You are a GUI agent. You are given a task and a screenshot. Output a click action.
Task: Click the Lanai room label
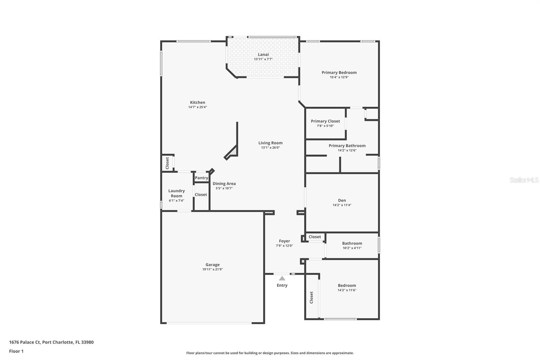[263, 54]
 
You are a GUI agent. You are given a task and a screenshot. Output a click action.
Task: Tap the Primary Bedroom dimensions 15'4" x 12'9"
[339, 77]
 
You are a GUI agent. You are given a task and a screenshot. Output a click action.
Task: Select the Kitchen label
[197, 102]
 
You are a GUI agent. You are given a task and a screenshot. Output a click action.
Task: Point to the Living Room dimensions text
[270, 148]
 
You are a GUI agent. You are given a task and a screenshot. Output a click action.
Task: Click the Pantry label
[201, 178]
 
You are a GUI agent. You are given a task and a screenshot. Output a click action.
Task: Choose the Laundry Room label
[177, 193]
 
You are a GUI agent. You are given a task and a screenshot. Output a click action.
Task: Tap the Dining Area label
[224, 184]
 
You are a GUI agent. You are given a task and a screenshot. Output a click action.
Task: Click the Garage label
[212, 265]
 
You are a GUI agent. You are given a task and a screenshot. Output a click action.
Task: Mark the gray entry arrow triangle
[282, 279]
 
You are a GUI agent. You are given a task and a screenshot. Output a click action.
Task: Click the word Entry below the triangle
[282, 285]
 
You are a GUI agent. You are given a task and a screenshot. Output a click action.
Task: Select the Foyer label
[285, 241]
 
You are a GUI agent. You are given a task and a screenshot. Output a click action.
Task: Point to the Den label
[342, 200]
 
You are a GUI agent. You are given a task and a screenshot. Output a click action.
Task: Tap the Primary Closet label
[325, 121]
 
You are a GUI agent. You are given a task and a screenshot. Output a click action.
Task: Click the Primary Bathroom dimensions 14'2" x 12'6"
[347, 150]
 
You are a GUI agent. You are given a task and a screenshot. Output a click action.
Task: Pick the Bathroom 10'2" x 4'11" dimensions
[352, 248]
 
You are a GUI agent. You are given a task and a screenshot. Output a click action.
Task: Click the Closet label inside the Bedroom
[311, 298]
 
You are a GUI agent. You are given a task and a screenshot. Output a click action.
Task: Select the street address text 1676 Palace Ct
[25, 342]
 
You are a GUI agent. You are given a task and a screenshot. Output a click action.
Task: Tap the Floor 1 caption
[17, 351]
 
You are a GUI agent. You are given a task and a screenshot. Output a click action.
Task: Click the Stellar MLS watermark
[524, 180]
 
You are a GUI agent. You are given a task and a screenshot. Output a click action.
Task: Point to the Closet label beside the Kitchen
[167, 163]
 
